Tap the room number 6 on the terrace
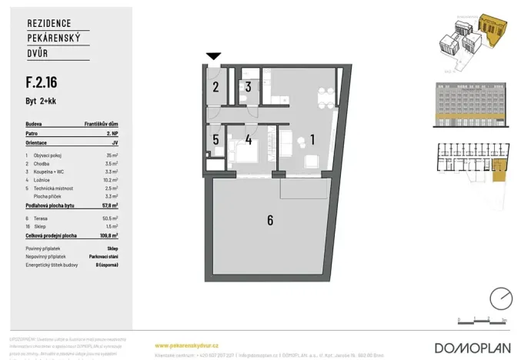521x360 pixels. coord(270,221)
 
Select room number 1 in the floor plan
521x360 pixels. coord(312,139)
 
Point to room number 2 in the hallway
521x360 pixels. coord(217,87)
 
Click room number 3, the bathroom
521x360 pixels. coord(249,86)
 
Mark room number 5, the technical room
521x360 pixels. coord(216,140)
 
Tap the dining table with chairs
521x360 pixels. coord(326,95)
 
